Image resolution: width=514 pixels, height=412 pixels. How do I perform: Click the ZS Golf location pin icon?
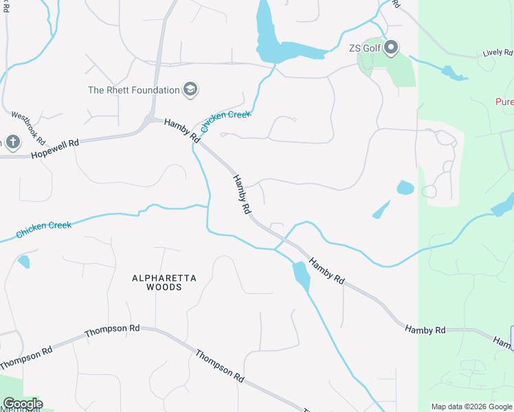pyautogui.click(x=391, y=48)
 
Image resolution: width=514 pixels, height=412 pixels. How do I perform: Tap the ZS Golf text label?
pyautogui.click(x=364, y=48)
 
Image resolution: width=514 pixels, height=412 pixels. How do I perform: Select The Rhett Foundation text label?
pyautogui.click(x=133, y=90)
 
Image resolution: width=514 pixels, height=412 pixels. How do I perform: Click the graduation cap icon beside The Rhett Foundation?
pyautogui.click(x=190, y=89)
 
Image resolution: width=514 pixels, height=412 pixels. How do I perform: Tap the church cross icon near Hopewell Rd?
pyautogui.click(x=12, y=142)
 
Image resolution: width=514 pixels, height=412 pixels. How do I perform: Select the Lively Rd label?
pyautogui.click(x=498, y=53)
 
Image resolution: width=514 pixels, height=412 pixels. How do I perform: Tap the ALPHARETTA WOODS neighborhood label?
pyautogui.click(x=164, y=282)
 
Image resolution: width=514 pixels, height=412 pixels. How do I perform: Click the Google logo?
pyautogui.click(x=22, y=404)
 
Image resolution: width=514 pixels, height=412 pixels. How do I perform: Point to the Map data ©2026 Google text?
pyautogui.click(x=471, y=407)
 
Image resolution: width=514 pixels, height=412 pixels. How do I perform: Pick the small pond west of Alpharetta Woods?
pyautogui.click(x=24, y=261)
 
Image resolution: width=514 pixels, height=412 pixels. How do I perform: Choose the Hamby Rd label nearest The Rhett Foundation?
pyautogui.click(x=182, y=130)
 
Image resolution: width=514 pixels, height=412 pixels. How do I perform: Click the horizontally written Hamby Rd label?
pyautogui.click(x=425, y=330)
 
